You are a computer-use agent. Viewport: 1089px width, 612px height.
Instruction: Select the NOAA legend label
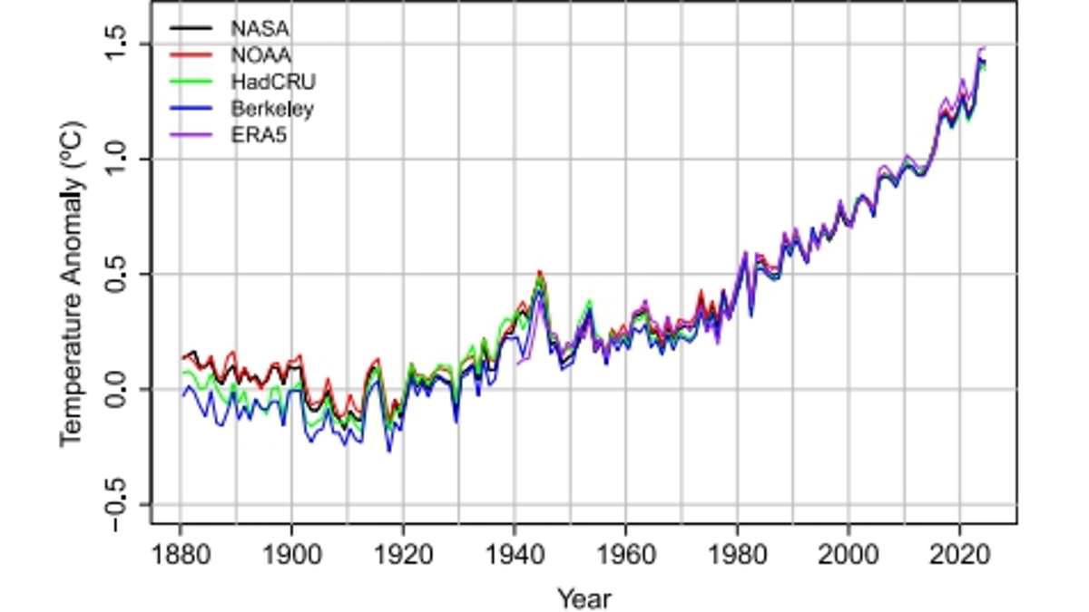click(x=253, y=54)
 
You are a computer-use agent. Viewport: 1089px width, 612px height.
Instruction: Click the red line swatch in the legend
click(x=191, y=54)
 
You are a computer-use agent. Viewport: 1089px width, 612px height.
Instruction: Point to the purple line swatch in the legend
click(x=191, y=137)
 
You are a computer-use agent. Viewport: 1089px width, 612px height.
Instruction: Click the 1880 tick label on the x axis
click(x=181, y=554)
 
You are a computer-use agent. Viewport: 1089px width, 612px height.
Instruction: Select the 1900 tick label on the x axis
click(x=291, y=554)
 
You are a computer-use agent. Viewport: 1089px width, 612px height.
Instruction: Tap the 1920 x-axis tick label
click(x=403, y=554)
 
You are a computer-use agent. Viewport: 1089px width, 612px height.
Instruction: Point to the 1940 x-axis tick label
click(x=515, y=554)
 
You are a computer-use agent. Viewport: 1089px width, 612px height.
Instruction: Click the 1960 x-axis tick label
click(x=625, y=554)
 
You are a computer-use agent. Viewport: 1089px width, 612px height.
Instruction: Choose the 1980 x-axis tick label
click(x=737, y=554)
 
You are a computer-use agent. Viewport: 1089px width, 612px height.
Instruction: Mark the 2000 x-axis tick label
click(x=849, y=554)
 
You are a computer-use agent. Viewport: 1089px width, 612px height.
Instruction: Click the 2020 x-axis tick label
click(x=959, y=554)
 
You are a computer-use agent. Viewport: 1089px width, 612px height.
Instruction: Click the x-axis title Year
click(x=584, y=597)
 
